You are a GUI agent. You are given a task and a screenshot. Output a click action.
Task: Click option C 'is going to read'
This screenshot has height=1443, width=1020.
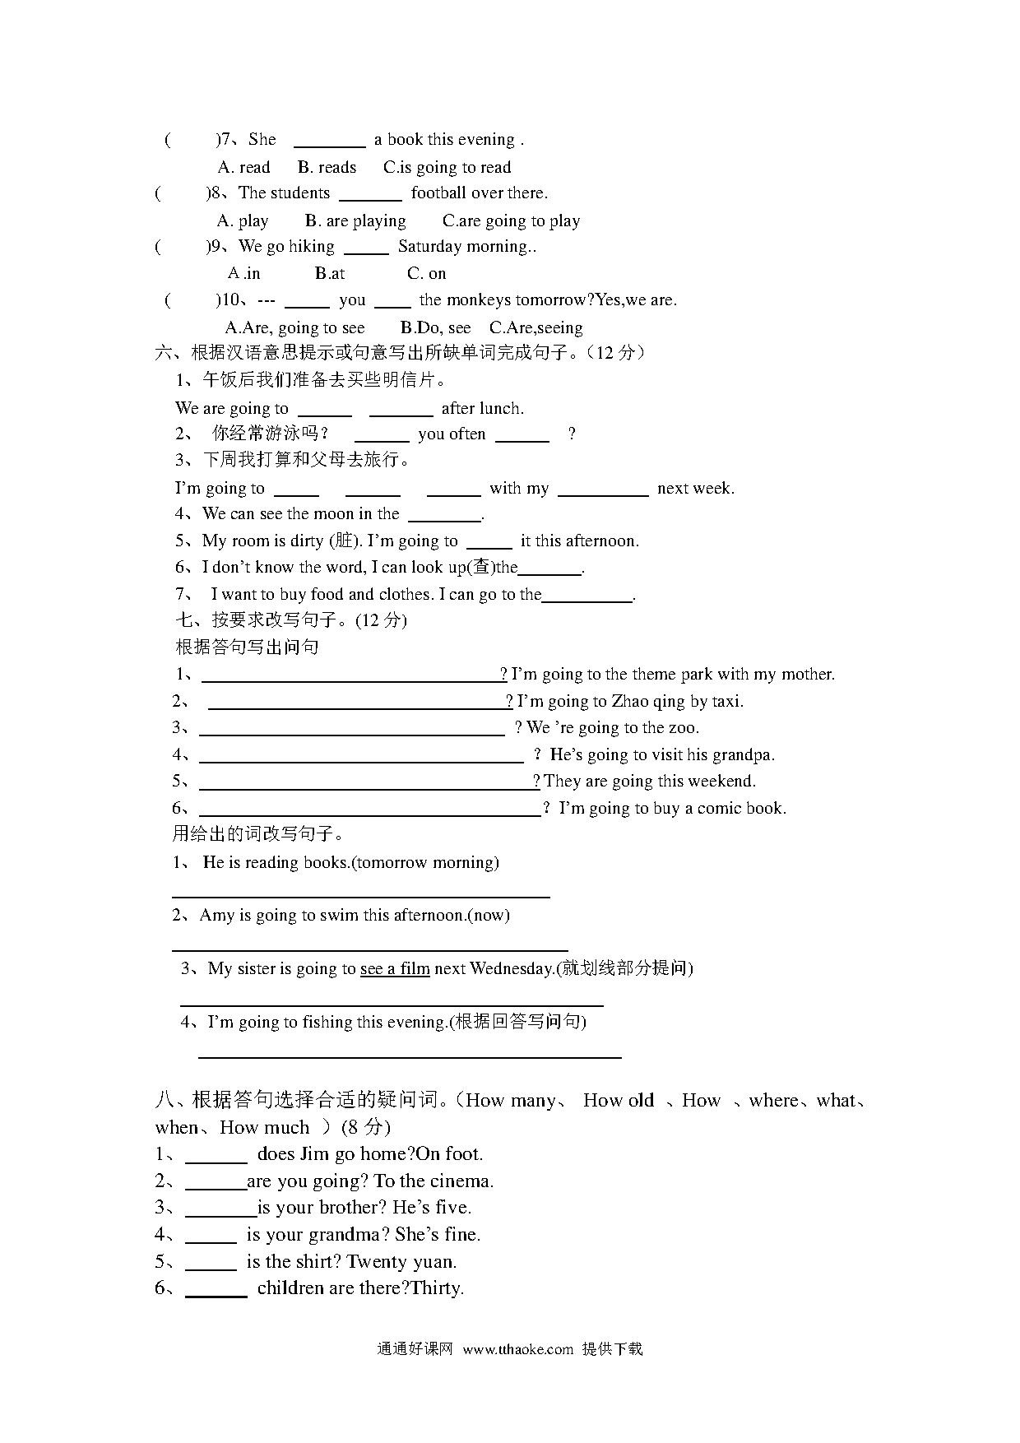pyautogui.click(x=447, y=167)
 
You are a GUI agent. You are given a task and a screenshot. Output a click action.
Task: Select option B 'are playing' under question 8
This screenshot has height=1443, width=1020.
pyautogui.click(x=355, y=220)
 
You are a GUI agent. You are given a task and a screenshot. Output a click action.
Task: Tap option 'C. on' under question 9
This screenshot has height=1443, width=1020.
pyautogui.click(x=427, y=273)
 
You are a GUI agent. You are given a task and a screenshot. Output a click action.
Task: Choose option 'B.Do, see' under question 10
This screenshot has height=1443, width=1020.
pyautogui.click(x=435, y=327)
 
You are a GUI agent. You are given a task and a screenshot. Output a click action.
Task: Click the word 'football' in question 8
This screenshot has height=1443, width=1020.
pyautogui.click(x=443, y=193)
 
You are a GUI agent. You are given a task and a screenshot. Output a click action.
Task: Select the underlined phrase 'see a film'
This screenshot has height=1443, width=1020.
pyautogui.click(x=395, y=968)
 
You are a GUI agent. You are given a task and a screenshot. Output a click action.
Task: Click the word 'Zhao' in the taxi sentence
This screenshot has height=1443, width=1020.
pyautogui.click(x=631, y=701)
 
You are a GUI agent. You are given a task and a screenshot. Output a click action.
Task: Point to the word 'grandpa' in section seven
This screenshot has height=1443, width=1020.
pyautogui.click(x=743, y=754)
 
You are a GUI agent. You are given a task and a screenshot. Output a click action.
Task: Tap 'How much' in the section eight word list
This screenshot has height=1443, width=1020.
pyautogui.click(x=265, y=1127)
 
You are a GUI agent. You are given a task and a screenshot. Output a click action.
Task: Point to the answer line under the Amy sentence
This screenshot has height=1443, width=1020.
pyautogui.click(x=370, y=949)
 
